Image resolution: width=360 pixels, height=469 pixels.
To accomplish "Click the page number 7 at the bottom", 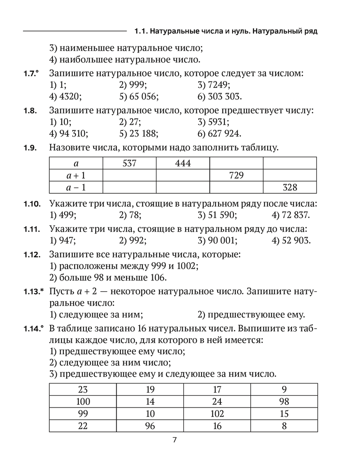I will (174, 440).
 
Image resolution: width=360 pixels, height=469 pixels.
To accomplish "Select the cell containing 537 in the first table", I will (129, 164).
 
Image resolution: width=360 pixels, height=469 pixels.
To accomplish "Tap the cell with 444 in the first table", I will (183, 164).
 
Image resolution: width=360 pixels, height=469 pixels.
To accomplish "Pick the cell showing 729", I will (236, 176).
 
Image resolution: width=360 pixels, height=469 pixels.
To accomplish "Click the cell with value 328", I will (290, 188).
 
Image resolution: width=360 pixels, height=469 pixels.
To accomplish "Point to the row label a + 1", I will (75, 176).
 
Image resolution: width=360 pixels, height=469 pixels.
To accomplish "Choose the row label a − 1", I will (75, 188).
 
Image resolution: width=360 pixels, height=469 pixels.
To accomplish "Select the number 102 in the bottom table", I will (217, 414).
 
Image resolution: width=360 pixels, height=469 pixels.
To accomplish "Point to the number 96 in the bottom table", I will (150, 426).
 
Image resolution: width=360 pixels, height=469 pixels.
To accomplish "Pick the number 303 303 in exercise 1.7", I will (224, 97).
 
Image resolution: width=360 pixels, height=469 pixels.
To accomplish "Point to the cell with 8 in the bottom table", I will (284, 426).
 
